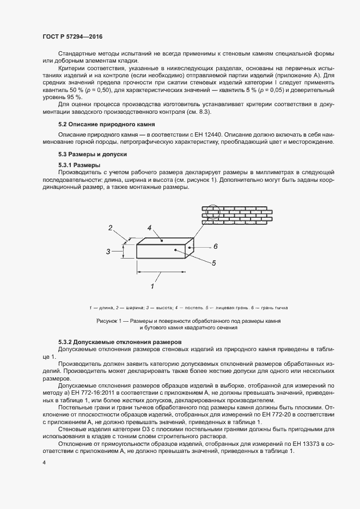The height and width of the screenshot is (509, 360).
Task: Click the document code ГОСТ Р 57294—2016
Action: point(72,36)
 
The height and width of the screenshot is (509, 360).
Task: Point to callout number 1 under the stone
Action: point(152,286)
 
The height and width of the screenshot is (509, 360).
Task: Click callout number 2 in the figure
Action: point(110,228)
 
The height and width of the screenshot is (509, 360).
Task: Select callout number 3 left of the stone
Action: point(108,252)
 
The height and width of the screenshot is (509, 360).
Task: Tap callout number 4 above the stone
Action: point(148,228)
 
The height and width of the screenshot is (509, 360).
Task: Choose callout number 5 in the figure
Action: point(214,263)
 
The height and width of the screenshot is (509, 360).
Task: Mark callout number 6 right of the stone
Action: point(216,246)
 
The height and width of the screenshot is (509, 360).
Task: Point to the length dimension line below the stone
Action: point(161,271)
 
